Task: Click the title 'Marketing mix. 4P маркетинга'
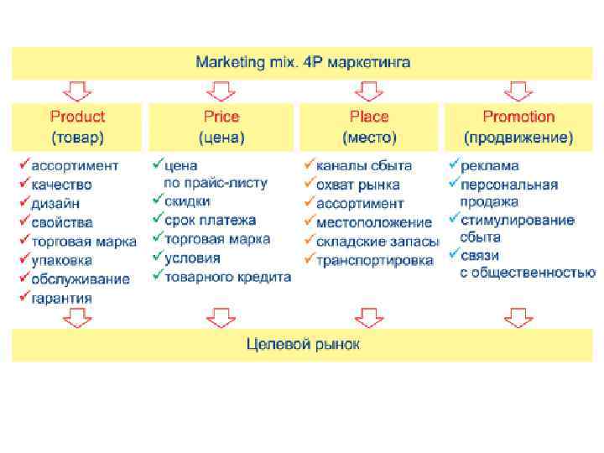click(x=303, y=63)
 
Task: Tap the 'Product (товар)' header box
click(x=77, y=126)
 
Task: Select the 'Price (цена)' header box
click(x=221, y=126)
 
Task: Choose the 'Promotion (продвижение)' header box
click(x=518, y=126)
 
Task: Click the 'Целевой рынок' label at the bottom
click(x=303, y=344)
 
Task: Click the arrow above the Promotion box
click(x=518, y=90)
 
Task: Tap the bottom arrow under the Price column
click(x=221, y=317)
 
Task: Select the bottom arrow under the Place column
click(x=369, y=317)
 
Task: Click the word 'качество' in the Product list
click(x=61, y=185)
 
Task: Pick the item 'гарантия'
click(x=61, y=298)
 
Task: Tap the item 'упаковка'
click(x=61, y=260)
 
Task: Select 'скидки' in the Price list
click(x=187, y=202)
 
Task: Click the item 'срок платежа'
click(x=210, y=221)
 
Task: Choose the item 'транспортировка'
click(x=374, y=260)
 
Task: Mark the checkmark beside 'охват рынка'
click(x=310, y=184)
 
